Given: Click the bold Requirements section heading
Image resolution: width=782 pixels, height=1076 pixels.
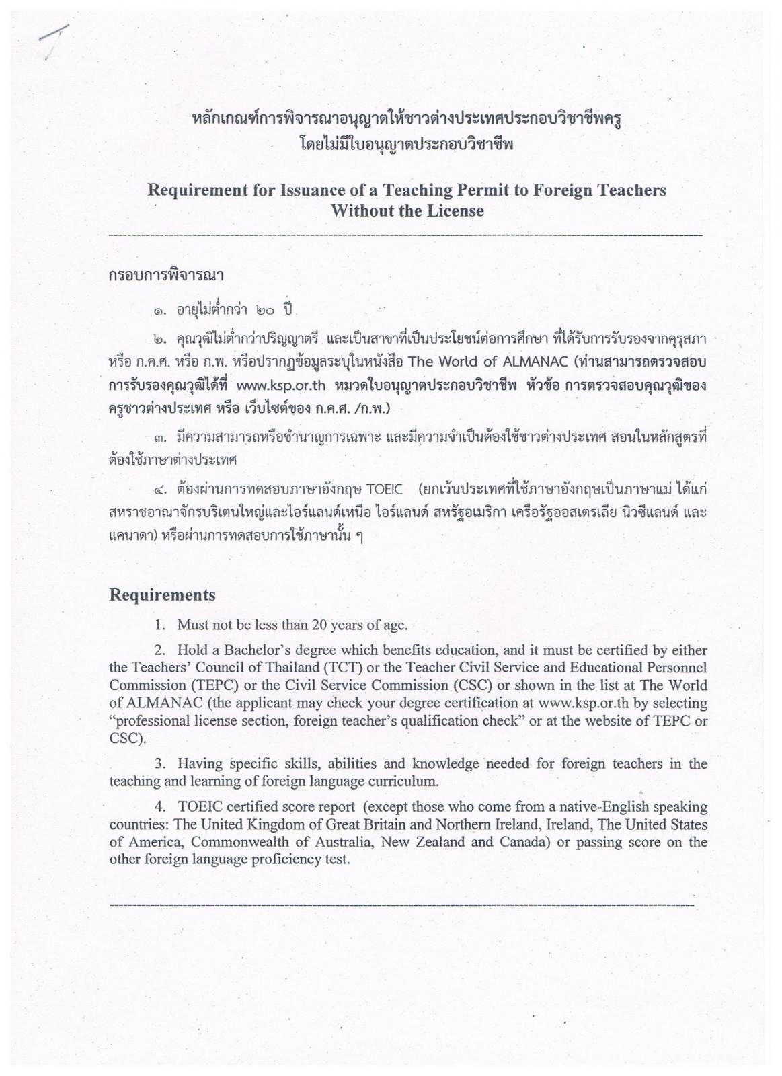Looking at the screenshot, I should point(162,595).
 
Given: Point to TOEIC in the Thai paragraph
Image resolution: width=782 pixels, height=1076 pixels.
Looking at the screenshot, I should point(384,488).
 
